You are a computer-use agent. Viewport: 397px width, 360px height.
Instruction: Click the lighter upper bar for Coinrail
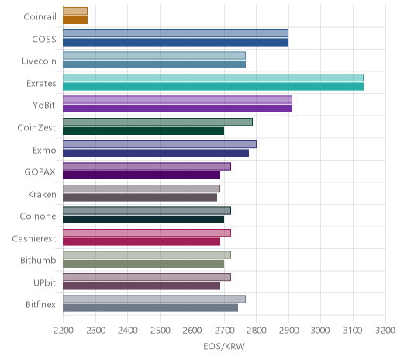tap(75, 11)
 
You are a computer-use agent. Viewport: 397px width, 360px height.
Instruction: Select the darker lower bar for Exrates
tap(213, 87)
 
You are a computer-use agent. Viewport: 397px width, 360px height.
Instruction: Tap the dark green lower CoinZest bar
tap(143, 131)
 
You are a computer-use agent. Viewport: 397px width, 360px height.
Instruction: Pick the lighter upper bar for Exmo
tap(160, 144)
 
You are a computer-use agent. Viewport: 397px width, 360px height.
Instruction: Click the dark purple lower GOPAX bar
tap(142, 175)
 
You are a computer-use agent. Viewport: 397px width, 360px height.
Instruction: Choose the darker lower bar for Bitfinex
tap(150, 308)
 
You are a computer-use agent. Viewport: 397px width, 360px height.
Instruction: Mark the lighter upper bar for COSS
tap(175, 33)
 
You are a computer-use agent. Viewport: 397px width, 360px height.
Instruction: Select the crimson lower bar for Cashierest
tap(142, 242)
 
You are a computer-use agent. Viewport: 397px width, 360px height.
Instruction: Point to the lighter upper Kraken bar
tap(141, 189)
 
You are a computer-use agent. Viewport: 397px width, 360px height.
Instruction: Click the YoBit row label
tap(44, 106)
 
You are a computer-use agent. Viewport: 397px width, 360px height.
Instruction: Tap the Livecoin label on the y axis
tap(39, 61)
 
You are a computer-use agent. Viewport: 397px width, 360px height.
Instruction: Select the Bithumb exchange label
tap(38, 260)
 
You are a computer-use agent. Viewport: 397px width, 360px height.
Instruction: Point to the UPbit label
tap(44, 282)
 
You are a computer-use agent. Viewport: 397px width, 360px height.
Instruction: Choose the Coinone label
tap(38, 216)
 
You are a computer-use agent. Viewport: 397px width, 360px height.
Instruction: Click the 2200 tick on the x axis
tap(64, 331)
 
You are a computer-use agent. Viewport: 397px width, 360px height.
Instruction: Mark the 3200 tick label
tap(385, 331)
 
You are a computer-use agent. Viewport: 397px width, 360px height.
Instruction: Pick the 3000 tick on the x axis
tap(320, 331)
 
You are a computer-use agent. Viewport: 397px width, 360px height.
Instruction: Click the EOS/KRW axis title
tap(224, 346)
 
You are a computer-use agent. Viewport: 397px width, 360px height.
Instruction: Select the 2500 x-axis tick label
tap(160, 331)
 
